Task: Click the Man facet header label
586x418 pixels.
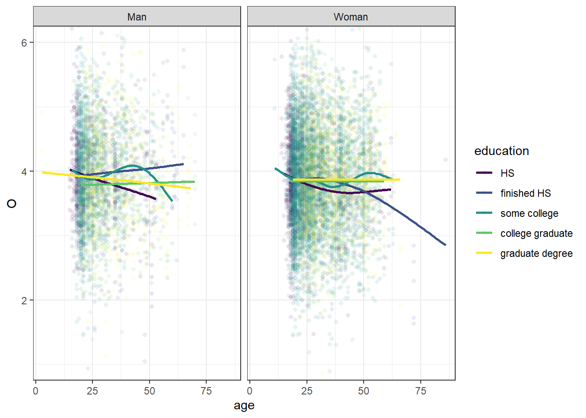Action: tap(136, 17)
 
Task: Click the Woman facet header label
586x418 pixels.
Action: tap(351, 17)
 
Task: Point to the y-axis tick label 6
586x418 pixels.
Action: tap(24, 43)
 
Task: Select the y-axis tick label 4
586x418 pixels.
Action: tap(24, 172)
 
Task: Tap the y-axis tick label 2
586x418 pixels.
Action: tap(24, 300)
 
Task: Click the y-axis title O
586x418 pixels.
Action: tap(12, 203)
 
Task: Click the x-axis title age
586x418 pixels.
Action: tap(244, 406)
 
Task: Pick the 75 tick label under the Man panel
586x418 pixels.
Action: tap(206, 391)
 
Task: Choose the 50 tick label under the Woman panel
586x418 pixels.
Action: tap(364, 391)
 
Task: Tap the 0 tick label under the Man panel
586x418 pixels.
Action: tap(36, 391)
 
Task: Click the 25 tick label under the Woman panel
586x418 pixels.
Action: tap(307, 391)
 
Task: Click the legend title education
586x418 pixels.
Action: tap(501, 151)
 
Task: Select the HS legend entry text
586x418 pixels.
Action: tap(507, 173)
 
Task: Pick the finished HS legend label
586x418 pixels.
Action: tap(525, 193)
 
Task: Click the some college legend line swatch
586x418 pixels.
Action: tap(484, 213)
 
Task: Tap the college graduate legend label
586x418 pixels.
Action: tap(536, 233)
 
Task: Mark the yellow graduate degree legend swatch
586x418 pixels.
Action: tap(484, 253)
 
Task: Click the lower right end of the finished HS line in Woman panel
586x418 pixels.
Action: tap(445, 245)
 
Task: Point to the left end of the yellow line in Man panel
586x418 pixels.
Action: tap(43, 172)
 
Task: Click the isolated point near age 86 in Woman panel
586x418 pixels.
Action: tap(445, 160)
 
